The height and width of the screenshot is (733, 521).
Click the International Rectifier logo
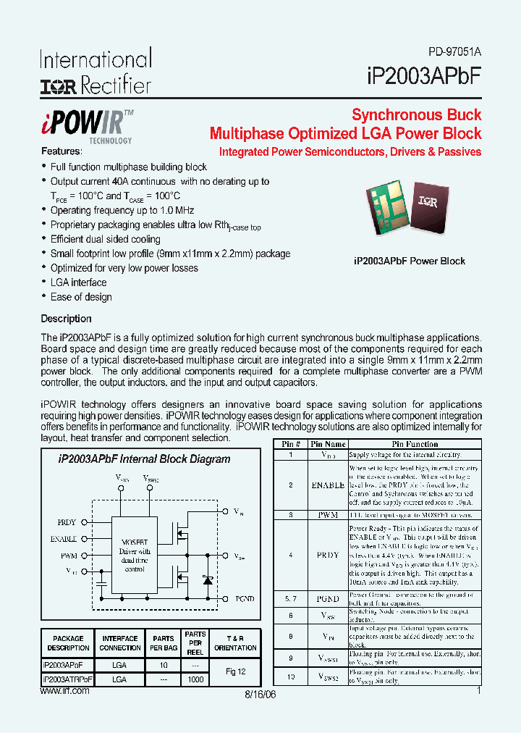[96, 72]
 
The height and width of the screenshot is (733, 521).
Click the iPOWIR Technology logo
[86, 125]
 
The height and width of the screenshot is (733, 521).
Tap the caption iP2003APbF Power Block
[409, 261]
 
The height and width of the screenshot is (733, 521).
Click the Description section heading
[66, 319]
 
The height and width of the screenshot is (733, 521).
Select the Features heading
[62, 151]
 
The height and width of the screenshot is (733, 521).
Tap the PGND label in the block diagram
[244, 599]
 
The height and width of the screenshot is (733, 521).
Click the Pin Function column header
[414, 444]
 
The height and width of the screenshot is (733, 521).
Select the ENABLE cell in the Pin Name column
[327, 485]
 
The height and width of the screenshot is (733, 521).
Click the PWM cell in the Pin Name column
[327, 515]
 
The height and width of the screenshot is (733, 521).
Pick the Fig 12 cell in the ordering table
[235, 671]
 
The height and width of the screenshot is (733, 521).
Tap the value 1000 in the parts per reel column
[195, 679]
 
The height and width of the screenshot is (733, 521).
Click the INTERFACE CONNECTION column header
[119, 643]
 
